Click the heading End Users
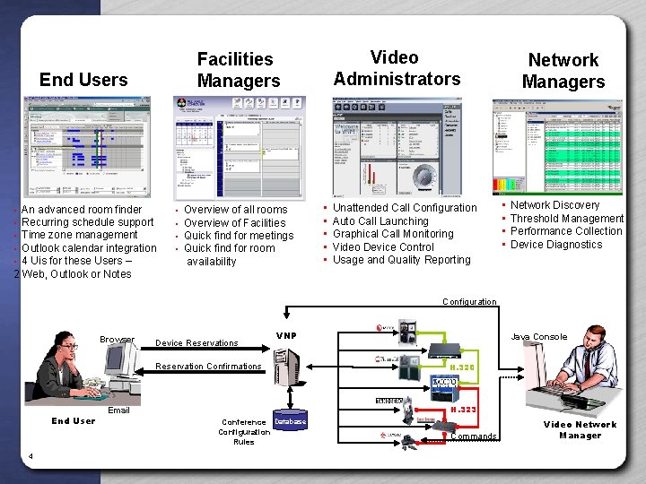(x=83, y=79)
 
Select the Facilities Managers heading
(x=238, y=70)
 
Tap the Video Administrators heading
(x=397, y=68)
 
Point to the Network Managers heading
(x=563, y=71)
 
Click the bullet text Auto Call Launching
(x=380, y=220)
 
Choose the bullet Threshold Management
(x=566, y=218)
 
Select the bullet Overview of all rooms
(x=235, y=210)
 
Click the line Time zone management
(x=80, y=235)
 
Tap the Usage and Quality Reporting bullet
(x=401, y=260)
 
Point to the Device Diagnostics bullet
(x=556, y=244)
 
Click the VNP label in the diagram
(x=286, y=336)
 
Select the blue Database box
(x=290, y=421)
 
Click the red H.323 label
(x=463, y=409)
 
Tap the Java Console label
(x=538, y=337)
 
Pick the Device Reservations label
(x=197, y=342)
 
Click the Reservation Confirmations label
(x=209, y=366)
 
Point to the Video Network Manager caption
(x=580, y=430)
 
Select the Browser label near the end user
(x=118, y=340)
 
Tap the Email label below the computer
(x=118, y=411)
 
